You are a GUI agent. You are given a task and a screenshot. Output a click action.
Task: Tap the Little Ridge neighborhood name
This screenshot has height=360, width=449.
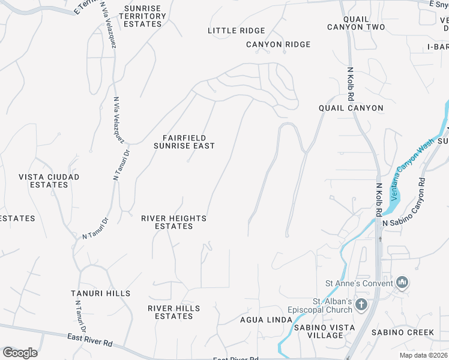pyautogui.click(x=236, y=31)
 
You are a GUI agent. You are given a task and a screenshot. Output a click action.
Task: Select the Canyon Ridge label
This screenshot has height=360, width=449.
pyautogui.click(x=278, y=44)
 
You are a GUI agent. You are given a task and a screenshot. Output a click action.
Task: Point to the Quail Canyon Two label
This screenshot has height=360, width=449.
pyautogui.click(x=356, y=23)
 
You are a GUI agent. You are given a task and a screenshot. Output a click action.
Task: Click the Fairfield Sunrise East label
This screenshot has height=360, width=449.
pyautogui.click(x=184, y=142)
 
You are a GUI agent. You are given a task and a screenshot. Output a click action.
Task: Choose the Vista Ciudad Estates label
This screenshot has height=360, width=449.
pyautogui.click(x=49, y=181)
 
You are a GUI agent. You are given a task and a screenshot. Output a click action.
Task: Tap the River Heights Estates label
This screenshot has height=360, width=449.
pyautogui.click(x=173, y=222)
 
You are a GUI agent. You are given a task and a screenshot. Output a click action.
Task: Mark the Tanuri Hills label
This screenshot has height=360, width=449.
pyautogui.click(x=100, y=293)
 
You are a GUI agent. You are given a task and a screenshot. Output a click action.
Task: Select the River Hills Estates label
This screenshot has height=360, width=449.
pyautogui.click(x=173, y=312)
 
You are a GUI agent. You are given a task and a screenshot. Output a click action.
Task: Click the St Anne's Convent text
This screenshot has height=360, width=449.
pyautogui.click(x=359, y=283)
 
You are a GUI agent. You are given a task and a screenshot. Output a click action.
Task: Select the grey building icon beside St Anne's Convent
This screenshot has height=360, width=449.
pyautogui.click(x=402, y=282)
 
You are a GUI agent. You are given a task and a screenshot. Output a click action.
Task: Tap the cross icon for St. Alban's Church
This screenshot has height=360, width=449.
pyautogui.click(x=361, y=305)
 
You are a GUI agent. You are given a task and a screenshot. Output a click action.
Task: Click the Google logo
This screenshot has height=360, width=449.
pyautogui.click(x=20, y=352)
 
